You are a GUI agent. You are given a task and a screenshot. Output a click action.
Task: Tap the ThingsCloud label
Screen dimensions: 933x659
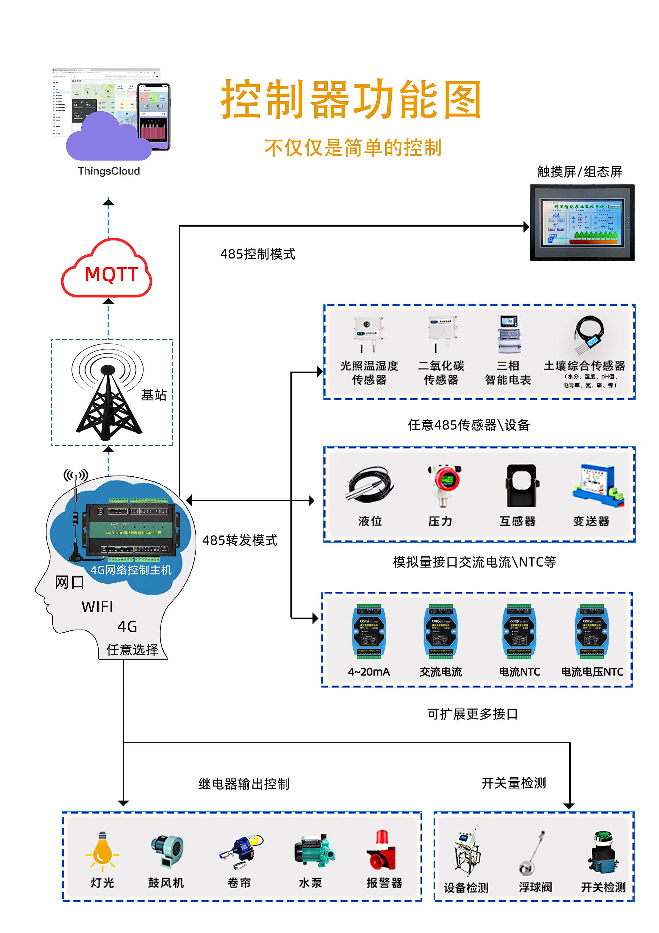109,171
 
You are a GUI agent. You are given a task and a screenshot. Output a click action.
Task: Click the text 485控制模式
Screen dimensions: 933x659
258,254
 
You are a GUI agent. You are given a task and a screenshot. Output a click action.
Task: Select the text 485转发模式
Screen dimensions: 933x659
240,540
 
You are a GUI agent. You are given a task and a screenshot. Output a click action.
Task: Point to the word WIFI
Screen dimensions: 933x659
98,607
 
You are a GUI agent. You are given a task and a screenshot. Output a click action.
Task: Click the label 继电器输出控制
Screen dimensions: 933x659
244,784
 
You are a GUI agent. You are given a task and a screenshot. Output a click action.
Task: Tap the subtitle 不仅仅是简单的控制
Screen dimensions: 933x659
353,148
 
